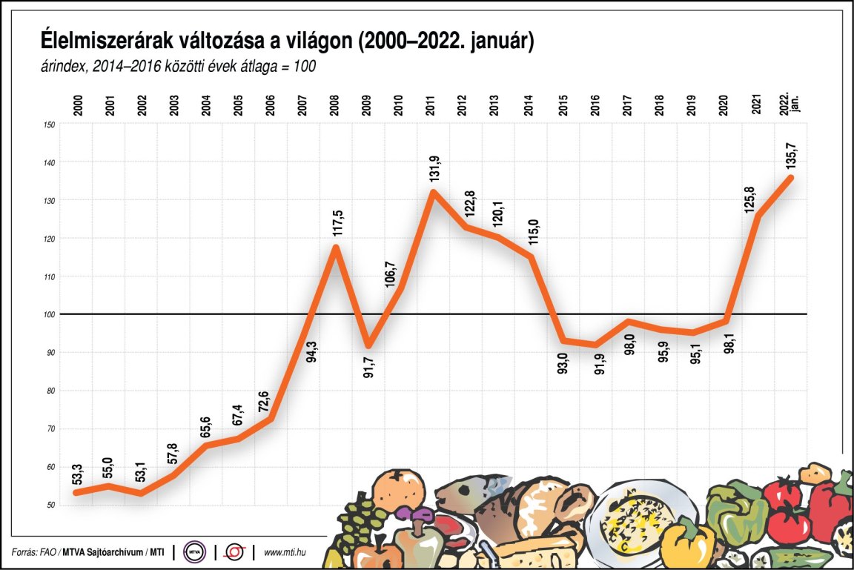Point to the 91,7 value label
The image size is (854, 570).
point(368,366)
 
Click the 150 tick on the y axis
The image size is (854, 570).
point(50,124)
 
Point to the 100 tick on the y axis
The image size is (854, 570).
point(50,314)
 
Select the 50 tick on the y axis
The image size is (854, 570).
point(50,505)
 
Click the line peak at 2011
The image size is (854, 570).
point(433,192)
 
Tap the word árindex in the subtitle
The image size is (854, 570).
point(64,67)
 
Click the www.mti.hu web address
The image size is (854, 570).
point(286,552)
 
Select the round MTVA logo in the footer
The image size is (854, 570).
point(195,552)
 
